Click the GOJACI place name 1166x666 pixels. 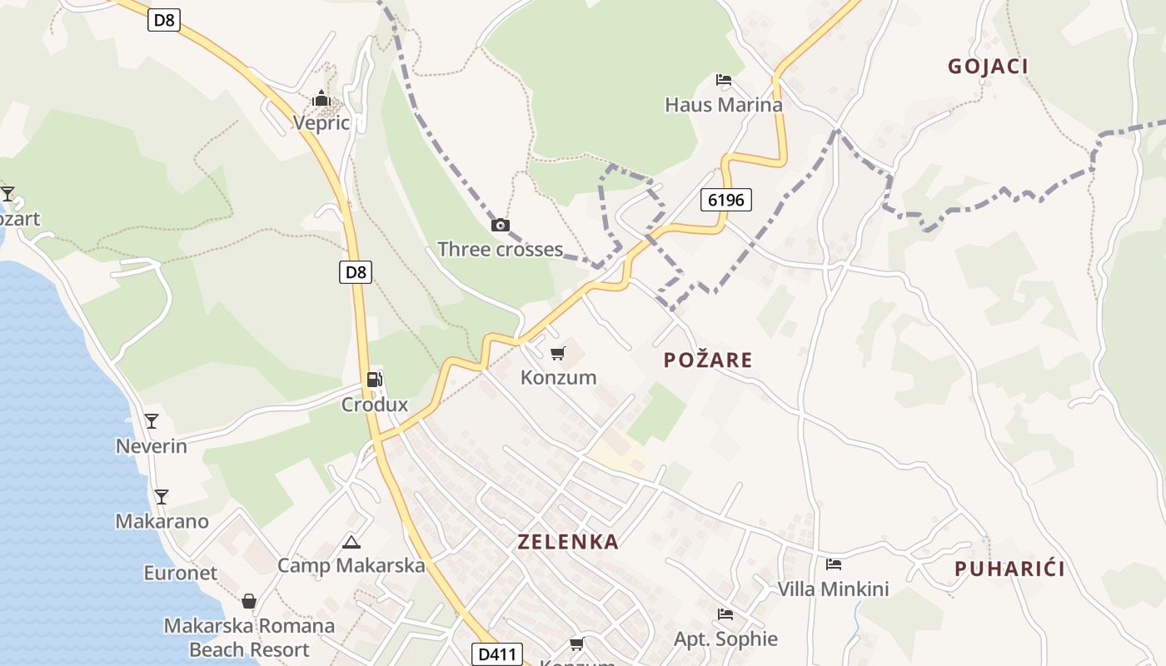tap(988, 67)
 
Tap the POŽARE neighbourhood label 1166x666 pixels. tap(707, 360)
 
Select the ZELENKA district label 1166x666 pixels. tap(568, 542)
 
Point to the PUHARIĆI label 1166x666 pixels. tap(1009, 569)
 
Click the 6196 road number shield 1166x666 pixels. tap(726, 200)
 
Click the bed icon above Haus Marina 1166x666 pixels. tap(724, 81)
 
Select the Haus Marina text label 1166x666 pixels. tap(724, 105)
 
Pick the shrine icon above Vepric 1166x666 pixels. tap(321, 100)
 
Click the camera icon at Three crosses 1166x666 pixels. tap(501, 225)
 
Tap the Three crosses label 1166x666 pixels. tap(501, 250)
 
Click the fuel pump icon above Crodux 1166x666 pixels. tap(375, 380)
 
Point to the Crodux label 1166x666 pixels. tap(375, 405)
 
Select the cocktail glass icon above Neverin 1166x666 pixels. tap(152, 421)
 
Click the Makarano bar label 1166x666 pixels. tap(162, 522)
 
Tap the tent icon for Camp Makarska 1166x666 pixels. tap(351, 543)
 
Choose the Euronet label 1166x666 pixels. tap(180, 573)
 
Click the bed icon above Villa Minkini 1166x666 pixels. tap(833, 564)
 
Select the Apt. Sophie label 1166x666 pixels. tap(725, 639)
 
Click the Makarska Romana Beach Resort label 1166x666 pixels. tap(249, 638)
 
